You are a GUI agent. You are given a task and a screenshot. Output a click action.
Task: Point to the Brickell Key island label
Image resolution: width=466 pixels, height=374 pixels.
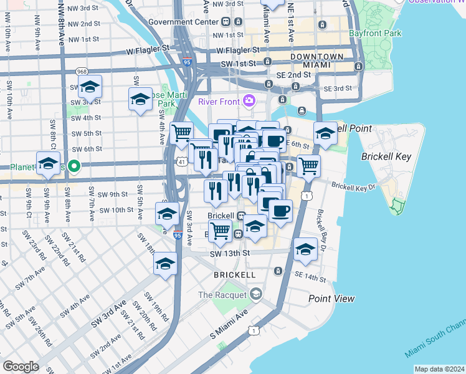click(386, 156)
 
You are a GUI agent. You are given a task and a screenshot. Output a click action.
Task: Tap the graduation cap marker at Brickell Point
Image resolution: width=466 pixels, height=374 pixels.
click(325, 133)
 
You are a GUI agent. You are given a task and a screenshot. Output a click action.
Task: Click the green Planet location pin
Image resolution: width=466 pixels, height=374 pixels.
click(74, 166)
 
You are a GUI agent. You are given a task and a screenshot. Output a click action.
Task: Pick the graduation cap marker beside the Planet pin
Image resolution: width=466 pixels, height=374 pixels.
click(48, 164)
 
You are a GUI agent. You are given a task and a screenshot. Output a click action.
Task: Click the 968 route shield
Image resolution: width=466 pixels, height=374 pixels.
click(81, 71)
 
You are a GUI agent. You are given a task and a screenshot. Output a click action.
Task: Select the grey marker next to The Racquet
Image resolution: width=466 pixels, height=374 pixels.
click(255, 294)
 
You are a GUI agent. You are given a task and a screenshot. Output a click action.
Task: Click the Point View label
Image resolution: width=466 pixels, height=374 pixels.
click(332, 299)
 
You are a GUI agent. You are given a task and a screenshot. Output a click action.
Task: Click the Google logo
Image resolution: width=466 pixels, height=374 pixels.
click(21, 367)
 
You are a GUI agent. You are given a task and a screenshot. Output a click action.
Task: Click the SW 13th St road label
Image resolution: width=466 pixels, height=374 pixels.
click(229, 253)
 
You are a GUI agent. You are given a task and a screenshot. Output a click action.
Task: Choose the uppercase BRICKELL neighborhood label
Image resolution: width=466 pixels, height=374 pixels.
click(234, 274)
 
